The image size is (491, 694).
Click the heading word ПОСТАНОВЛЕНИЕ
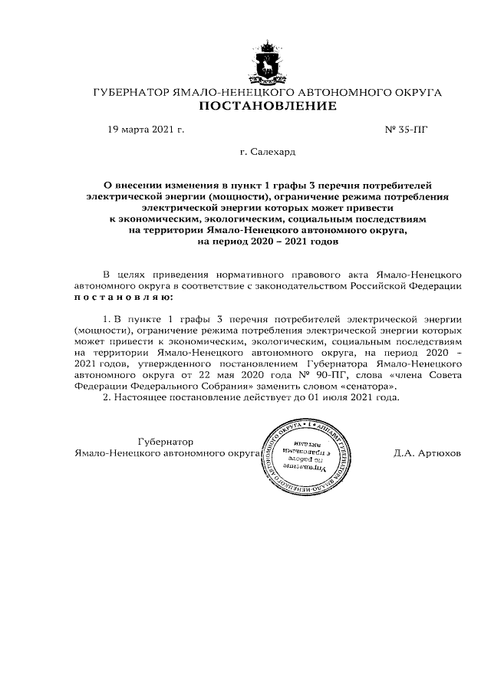(x=267, y=106)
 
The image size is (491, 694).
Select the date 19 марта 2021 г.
(x=146, y=130)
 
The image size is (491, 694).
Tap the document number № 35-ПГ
(x=406, y=130)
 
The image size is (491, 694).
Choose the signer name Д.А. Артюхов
(x=427, y=453)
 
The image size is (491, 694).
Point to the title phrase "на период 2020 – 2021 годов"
(x=267, y=240)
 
